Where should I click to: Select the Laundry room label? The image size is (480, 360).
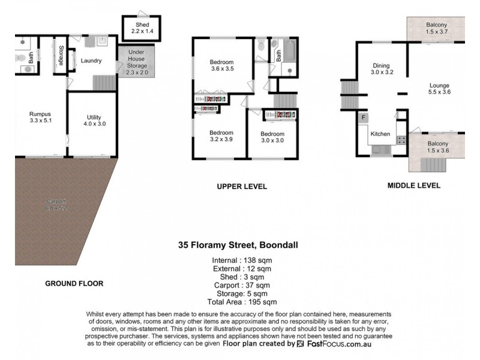point(91,61)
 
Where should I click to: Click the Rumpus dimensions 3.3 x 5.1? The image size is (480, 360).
point(41,121)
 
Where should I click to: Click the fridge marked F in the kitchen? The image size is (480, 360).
point(362,117)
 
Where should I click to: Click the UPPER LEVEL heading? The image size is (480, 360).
point(242,187)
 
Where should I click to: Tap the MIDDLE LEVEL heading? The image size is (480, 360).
point(414,185)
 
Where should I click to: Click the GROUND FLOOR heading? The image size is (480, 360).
point(74,283)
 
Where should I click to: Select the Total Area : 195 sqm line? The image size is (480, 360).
point(243,302)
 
